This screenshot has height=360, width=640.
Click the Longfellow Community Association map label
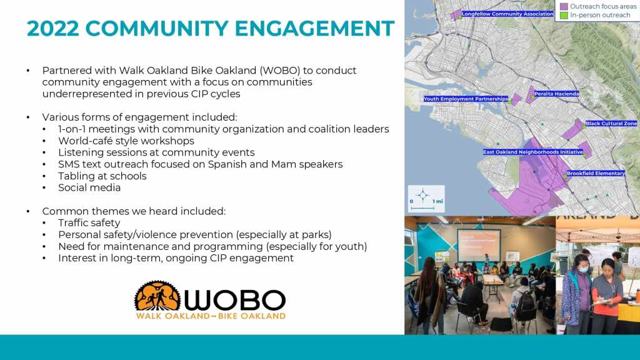[x=507, y=14]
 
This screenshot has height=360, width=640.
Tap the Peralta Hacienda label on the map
[x=557, y=94]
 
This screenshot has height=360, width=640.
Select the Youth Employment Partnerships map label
[x=466, y=99]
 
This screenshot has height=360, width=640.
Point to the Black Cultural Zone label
[x=611, y=123]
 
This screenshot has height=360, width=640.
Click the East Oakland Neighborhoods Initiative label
[x=532, y=152]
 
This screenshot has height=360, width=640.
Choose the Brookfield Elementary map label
[x=596, y=173]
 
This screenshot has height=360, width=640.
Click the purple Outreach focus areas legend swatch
[x=564, y=6]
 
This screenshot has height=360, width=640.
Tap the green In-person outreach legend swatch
[x=564, y=16]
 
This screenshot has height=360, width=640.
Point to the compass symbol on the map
[x=423, y=195]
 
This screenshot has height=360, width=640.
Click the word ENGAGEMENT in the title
[x=314, y=29]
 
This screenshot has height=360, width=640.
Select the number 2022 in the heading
[x=52, y=29]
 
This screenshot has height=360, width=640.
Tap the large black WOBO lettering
[x=235, y=300]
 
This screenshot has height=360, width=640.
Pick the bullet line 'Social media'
[x=89, y=187]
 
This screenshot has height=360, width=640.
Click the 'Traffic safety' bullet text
[x=89, y=223]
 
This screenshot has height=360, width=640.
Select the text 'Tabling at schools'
[x=102, y=176]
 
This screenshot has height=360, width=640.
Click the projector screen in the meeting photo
[x=479, y=245]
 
